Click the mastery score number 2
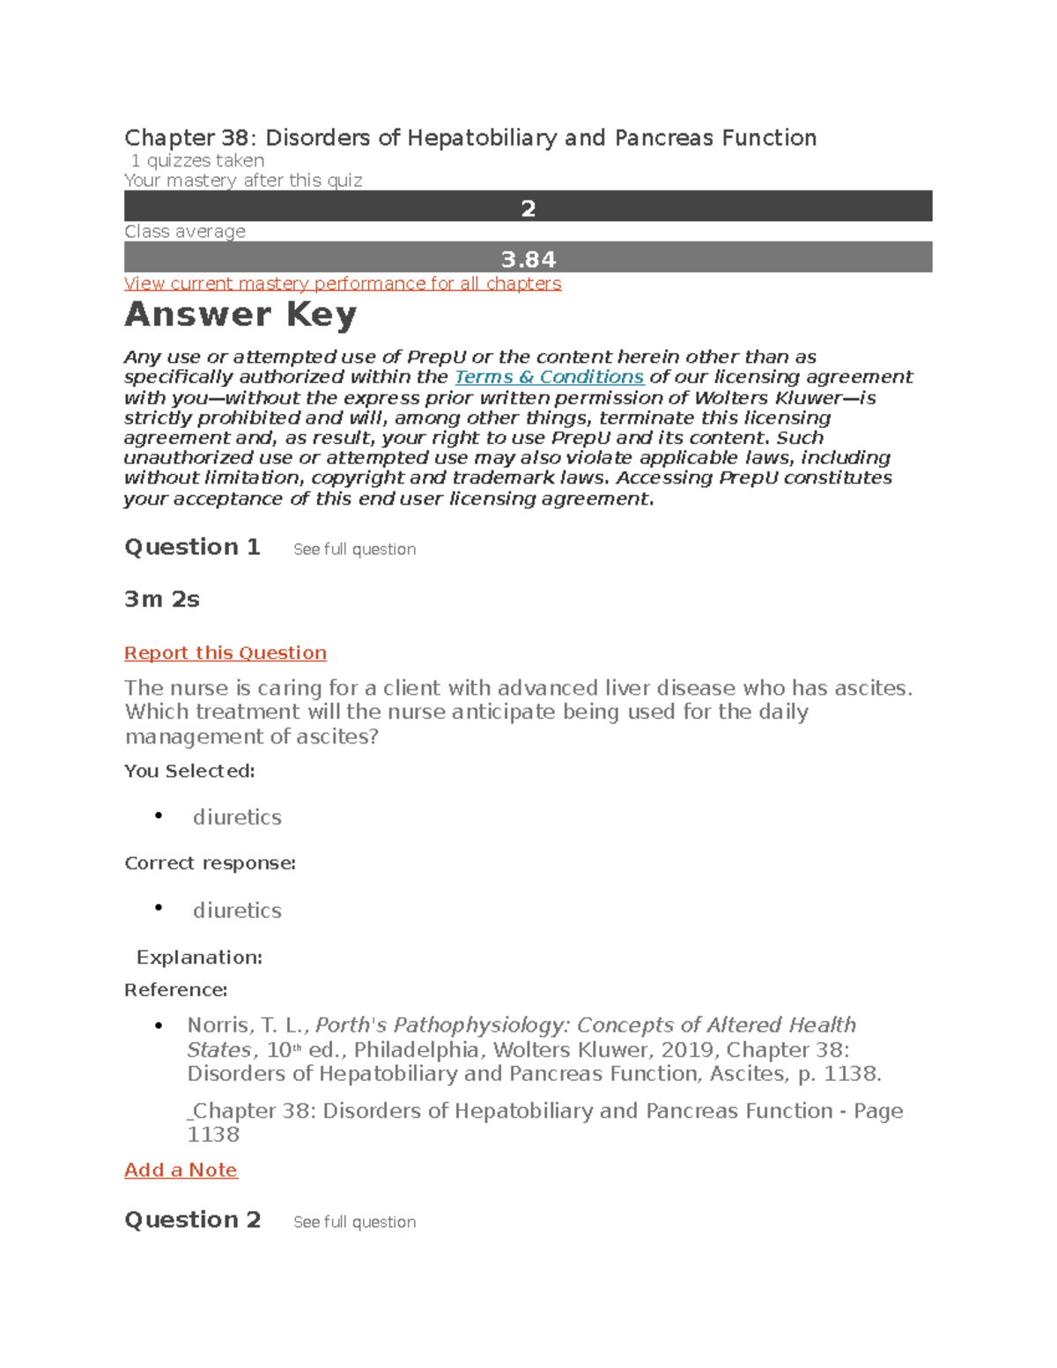coord(528,208)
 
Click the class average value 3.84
coord(528,259)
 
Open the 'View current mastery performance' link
coord(342,284)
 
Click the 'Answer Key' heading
coord(240,314)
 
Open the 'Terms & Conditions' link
coord(549,377)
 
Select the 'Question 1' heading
coord(192,547)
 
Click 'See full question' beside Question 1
coord(354,550)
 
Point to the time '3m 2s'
coord(162,599)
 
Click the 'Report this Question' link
coord(225,653)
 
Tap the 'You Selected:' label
coord(189,771)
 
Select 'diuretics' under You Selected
coord(237,817)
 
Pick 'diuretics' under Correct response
coord(237,910)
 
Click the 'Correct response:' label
coord(210,863)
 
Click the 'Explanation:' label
coord(199,958)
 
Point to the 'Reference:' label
coord(175,990)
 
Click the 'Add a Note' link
coord(181,1170)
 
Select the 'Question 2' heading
coord(192,1220)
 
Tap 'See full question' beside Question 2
coord(354,1223)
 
